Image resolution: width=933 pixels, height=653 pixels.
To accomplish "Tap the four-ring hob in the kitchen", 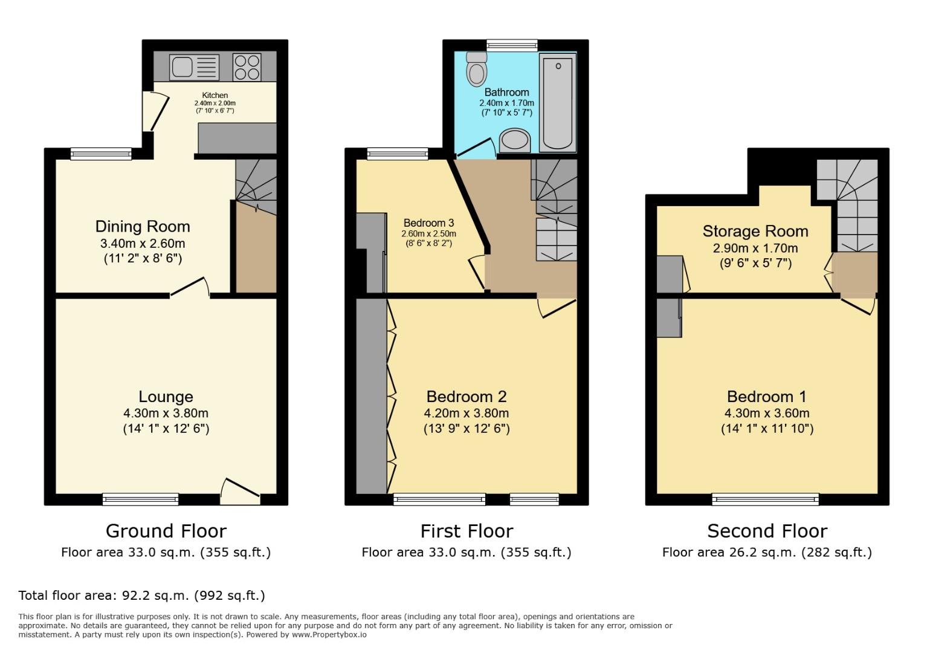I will click(x=247, y=67).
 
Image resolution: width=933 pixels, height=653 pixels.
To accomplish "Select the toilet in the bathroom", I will click(x=477, y=70).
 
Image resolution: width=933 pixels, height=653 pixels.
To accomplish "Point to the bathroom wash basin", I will click(x=515, y=140).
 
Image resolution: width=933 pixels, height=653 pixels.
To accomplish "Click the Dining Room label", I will click(x=143, y=227).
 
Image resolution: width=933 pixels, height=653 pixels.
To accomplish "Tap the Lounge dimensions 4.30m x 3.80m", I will click(x=166, y=414).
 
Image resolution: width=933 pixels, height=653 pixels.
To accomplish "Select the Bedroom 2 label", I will click(x=467, y=397).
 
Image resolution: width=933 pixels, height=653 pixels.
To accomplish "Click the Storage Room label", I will click(x=755, y=232).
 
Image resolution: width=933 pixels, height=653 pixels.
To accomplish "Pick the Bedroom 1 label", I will click(x=767, y=397).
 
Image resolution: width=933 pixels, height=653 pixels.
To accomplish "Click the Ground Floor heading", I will click(x=166, y=531).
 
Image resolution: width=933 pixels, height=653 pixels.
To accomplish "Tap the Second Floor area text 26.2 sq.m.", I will click(x=767, y=552).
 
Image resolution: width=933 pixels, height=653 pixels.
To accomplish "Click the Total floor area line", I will click(x=142, y=596).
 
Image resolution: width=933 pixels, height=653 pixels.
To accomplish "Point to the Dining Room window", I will click(x=101, y=154).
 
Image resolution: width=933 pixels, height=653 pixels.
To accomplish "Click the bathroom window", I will click(x=512, y=45).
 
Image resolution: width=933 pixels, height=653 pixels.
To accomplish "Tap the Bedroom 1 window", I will click(x=765, y=499).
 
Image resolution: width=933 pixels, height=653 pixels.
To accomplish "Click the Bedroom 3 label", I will click(x=428, y=223).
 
